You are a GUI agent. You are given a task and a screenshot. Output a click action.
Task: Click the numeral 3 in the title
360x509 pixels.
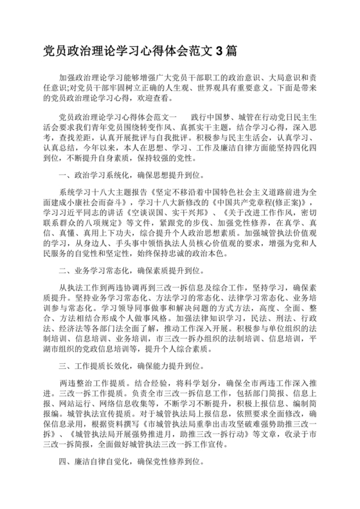(x=221, y=49)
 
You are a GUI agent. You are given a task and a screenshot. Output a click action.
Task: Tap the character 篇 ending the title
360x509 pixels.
(x=233, y=49)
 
